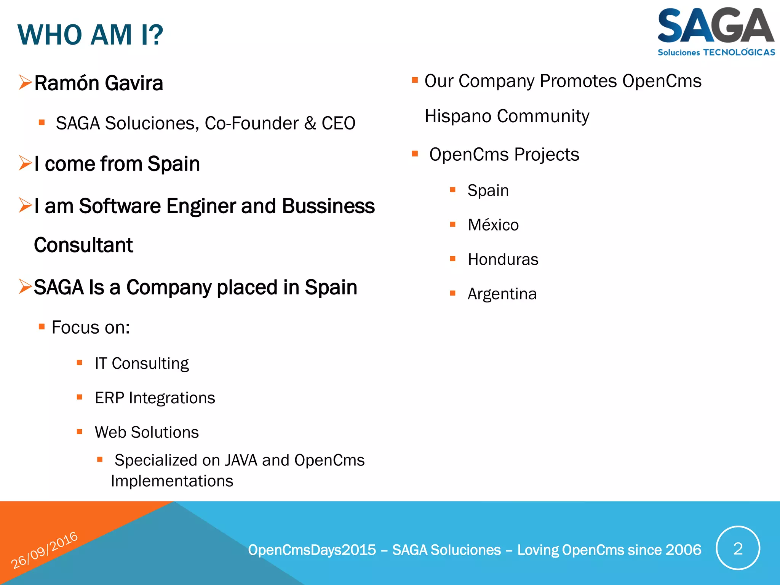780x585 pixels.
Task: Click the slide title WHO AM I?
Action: click(x=90, y=35)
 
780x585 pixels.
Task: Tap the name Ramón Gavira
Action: click(x=99, y=83)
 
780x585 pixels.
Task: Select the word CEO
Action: click(x=338, y=123)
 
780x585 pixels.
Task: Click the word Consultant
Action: click(x=83, y=245)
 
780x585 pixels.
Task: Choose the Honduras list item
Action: click(x=503, y=259)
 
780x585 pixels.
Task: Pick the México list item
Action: click(x=493, y=225)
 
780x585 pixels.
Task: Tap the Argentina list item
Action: click(x=502, y=294)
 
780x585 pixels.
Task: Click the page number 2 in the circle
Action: click(x=738, y=548)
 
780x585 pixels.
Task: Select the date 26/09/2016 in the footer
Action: click(x=44, y=550)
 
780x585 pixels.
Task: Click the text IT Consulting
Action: click(x=142, y=363)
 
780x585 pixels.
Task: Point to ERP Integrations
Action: click(x=155, y=398)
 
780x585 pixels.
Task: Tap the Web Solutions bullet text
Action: click(x=147, y=432)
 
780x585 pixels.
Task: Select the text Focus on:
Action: click(x=91, y=328)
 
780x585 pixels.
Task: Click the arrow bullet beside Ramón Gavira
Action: click(x=25, y=82)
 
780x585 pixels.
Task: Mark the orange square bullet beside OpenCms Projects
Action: click(x=415, y=154)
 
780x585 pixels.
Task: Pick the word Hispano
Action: click(x=456, y=116)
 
